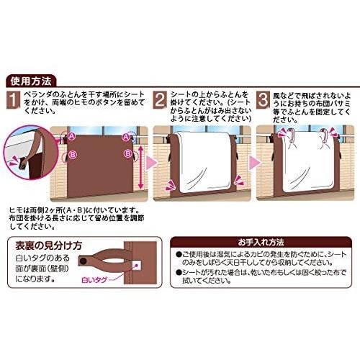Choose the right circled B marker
[x=127, y=153]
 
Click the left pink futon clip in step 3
[x=284, y=135]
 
